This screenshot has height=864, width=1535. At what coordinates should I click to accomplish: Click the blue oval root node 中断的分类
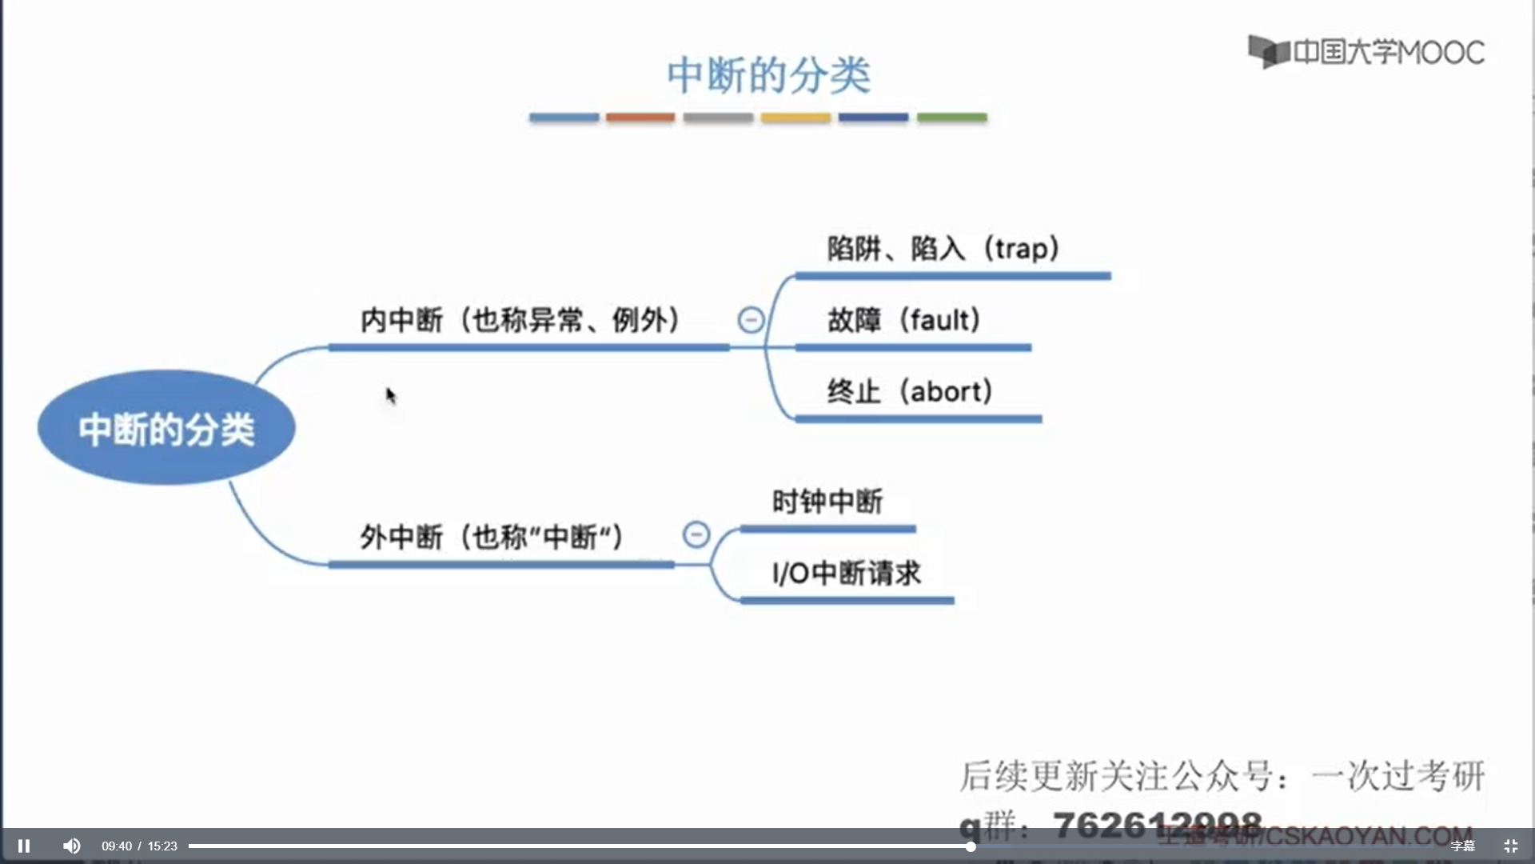pyautogui.click(x=166, y=428)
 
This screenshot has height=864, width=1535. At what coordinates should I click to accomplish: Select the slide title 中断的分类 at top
pyautogui.click(x=768, y=75)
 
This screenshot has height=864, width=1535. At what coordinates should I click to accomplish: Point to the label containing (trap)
pyautogui.click(x=943, y=249)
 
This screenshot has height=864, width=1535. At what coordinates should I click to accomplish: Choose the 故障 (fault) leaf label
pyautogui.click(x=903, y=320)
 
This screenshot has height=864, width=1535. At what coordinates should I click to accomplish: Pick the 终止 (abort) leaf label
pyautogui.click(x=910, y=391)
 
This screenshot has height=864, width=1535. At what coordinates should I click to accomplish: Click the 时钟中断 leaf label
pyautogui.click(x=827, y=502)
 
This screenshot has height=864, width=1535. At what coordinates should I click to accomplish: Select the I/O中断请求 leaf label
pyautogui.click(x=847, y=573)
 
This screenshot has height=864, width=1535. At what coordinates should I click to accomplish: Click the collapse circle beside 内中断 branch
pyautogui.click(x=751, y=320)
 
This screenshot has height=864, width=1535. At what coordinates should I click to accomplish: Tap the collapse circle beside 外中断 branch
pyautogui.click(x=696, y=534)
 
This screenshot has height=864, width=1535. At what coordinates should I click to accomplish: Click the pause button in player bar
pyautogui.click(x=24, y=846)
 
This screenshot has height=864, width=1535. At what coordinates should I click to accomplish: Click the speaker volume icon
pyautogui.click(x=71, y=846)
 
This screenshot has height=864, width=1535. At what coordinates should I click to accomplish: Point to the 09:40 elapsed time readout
pyautogui.click(x=117, y=846)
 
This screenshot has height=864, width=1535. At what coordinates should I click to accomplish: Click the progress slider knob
pyautogui.click(x=970, y=846)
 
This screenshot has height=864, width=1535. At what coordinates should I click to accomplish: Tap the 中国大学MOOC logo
pyautogui.click(x=1366, y=52)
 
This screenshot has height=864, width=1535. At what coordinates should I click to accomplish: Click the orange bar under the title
pyautogui.click(x=640, y=118)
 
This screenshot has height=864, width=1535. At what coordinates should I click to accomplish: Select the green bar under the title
pyautogui.click(x=951, y=118)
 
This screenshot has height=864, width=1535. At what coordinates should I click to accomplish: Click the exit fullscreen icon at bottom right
pyautogui.click(x=1510, y=846)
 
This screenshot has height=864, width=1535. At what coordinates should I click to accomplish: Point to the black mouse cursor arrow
pyautogui.click(x=390, y=395)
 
